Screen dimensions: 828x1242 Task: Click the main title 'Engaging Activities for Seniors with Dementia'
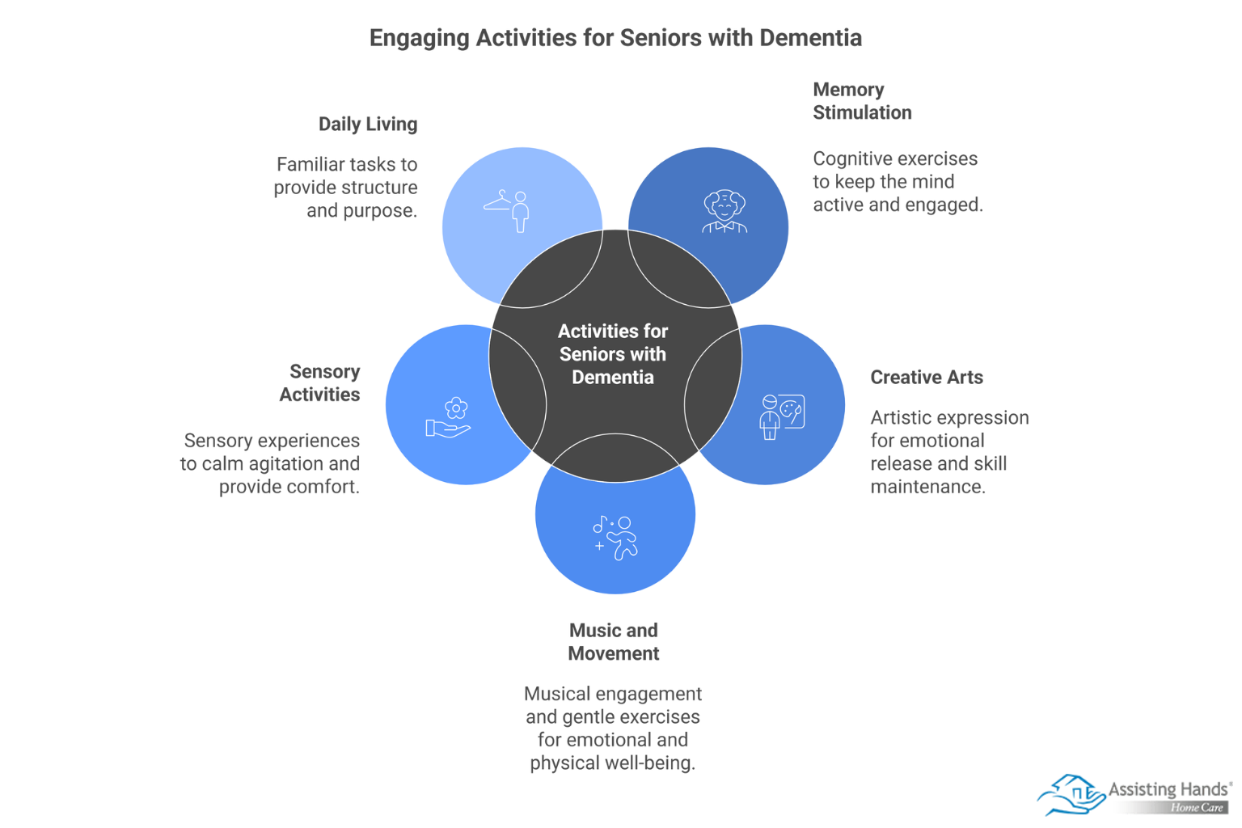[x=615, y=38]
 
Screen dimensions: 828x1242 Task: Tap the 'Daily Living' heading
[x=368, y=125]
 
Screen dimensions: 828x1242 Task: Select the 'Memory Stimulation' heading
[x=862, y=101]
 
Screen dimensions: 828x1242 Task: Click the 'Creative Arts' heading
[x=927, y=378]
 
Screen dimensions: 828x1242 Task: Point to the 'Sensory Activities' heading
[x=320, y=383]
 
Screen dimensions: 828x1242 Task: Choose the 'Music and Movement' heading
[x=613, y=642]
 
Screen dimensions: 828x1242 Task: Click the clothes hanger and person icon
[x=509, y=211]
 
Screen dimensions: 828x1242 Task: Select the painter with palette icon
[x=782, y=416]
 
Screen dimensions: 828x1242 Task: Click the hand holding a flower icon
[x=449, y=418]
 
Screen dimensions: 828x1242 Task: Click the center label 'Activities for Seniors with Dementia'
[x=613, y=354]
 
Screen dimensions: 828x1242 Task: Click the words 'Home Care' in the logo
[x=1197, y=808]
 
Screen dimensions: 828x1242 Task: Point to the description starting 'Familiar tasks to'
[x=346, y=188]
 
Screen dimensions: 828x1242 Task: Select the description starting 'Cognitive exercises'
[x=898, y=182]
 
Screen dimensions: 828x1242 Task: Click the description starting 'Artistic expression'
[x=949, y=452]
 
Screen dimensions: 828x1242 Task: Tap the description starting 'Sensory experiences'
[x=270, y=463]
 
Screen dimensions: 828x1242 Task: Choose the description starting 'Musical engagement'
[x=613, y=728]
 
